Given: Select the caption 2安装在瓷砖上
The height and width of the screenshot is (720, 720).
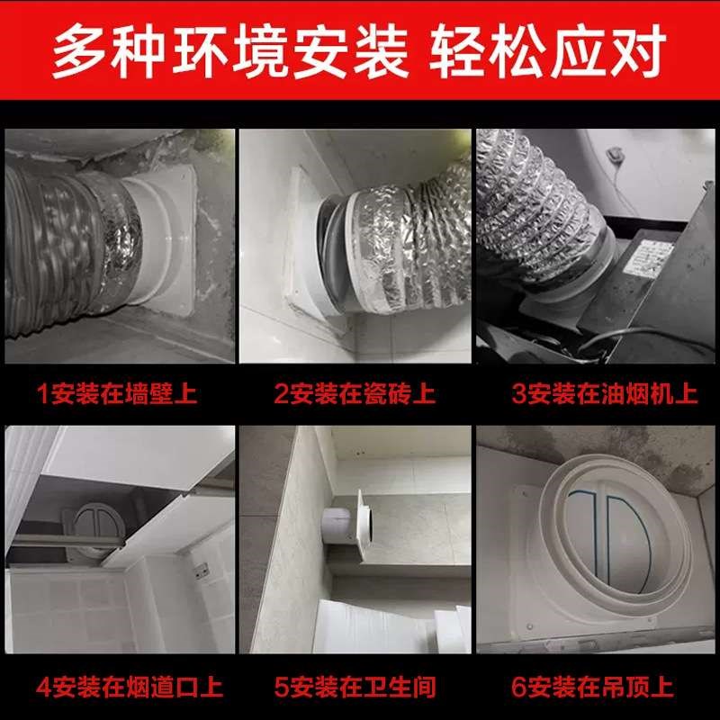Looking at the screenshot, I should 355,393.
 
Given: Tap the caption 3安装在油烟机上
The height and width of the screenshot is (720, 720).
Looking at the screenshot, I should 597,393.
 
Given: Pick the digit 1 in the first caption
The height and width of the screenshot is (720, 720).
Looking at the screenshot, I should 42,393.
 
